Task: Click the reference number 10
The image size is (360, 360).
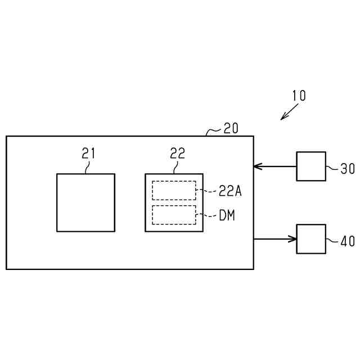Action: tap(299, 96)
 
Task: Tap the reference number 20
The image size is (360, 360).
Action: tap(231, 128)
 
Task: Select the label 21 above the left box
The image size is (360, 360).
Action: tap(88, 153)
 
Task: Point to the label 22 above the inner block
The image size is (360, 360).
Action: tap(177, 153)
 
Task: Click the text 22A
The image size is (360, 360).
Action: tap(230, 191)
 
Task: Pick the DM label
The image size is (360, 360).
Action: tap(227, 215)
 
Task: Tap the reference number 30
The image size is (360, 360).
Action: tap(347, 168)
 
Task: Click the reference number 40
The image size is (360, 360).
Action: tap(347, 241)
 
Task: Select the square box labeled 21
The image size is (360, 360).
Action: tap(85, 202)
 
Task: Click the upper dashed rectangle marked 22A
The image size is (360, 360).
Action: tap(174, 190)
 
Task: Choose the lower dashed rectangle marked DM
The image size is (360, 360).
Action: tap(174, 215)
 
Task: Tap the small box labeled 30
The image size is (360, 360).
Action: tap(311, 166)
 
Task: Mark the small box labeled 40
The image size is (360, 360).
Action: tap(311, 239)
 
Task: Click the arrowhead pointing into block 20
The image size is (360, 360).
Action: tap(258, 166)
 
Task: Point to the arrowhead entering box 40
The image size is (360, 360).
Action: tap(292, 239)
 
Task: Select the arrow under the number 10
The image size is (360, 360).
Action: tap(290, 112)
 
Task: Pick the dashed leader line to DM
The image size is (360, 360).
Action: tap(206, 215)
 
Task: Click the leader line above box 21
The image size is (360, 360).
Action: tap(87, 166)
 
